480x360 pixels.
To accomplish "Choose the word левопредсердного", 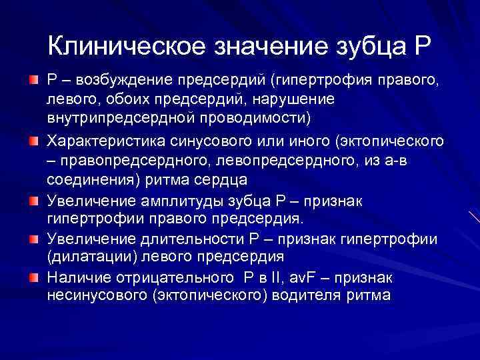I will tap(271, 160).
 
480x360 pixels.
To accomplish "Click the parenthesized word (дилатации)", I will tap(87, 257).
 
